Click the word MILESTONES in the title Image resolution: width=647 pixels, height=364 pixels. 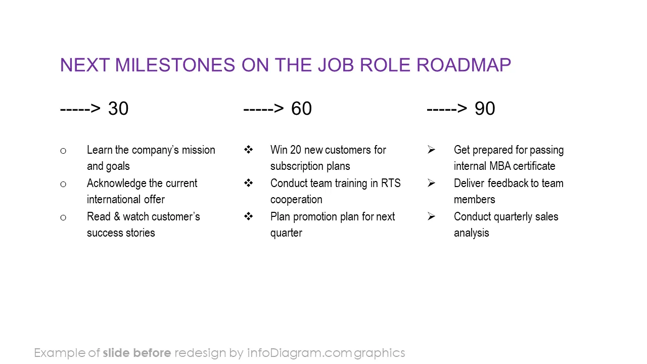(175, 65)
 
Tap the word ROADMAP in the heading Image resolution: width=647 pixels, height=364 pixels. (464, 65)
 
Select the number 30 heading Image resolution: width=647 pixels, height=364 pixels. (118, 109)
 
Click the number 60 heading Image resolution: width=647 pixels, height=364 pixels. (301, 109)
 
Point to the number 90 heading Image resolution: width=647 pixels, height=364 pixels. (485, 109)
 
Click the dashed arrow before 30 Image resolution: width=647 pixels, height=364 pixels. (80, 109)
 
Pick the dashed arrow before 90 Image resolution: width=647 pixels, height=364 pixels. (447, 109)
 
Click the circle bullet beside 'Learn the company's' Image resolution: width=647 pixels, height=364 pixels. (63, 151)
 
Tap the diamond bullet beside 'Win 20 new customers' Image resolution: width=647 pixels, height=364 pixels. (248, 150)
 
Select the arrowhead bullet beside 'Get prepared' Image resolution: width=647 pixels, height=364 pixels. (431, 150)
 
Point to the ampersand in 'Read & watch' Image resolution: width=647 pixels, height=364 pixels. (117, 217)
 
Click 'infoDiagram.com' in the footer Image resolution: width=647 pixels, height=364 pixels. (300, 353)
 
